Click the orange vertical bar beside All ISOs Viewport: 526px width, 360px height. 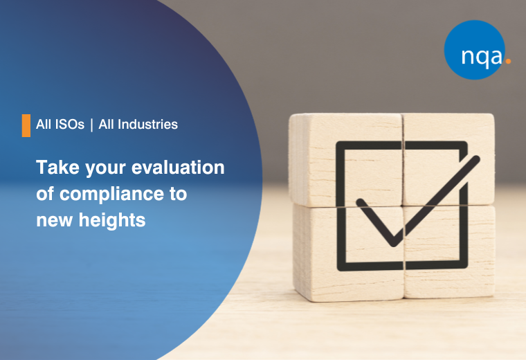click(26, 125)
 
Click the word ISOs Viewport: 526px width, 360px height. click(70, 125)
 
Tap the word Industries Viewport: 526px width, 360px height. click(147, 125)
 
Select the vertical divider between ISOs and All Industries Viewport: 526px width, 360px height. click(91, 125)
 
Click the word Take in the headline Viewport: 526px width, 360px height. click(57, 167)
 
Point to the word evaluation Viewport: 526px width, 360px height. click(178, 167)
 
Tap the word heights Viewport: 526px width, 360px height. click(112, 220)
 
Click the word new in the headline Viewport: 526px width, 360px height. click(55, 221)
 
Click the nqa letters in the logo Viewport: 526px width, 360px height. click(482, 56)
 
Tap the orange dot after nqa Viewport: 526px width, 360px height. click(508, 61)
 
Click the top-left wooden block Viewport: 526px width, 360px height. click(345, 160)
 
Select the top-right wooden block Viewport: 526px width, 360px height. click(448, 160)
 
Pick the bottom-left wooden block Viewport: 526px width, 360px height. click(349, 253)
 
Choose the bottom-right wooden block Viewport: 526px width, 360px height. click(450, 251)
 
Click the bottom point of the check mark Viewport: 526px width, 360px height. click(394, 244)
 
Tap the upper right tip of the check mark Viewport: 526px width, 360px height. click(476, 159)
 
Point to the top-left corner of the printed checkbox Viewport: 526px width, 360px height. click(338, 143)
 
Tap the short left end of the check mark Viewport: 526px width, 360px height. click(360, 202)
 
